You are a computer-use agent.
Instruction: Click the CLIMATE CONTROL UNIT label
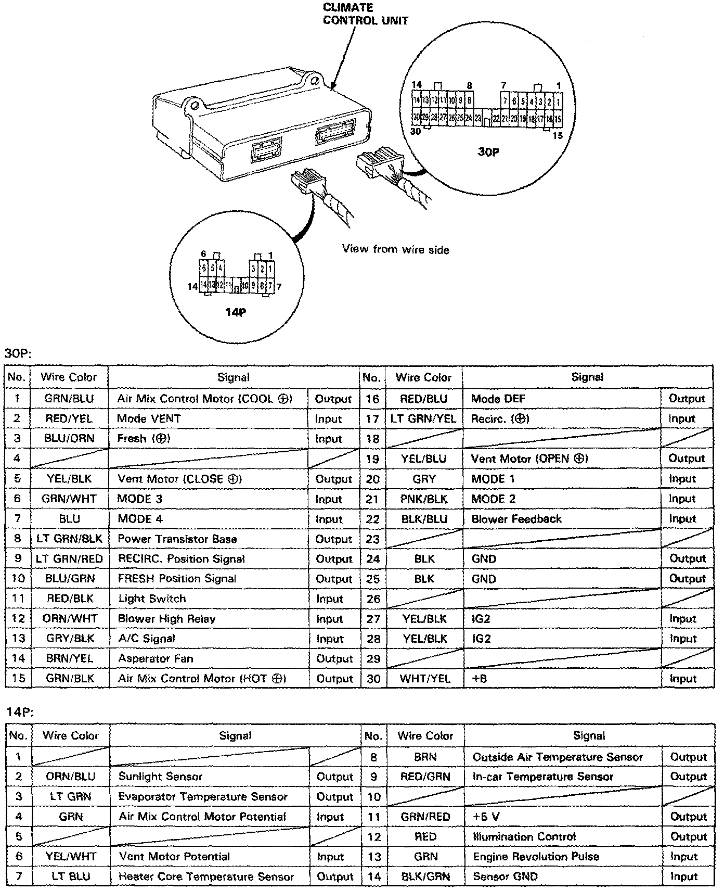(x=365, y=14)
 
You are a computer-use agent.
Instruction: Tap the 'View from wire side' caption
(x=395, y=249)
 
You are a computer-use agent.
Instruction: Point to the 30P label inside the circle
(x=488, y=152)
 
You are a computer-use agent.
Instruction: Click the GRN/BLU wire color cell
(x=69, y=399)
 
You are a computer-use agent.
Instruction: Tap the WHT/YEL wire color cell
(x=424, y=679)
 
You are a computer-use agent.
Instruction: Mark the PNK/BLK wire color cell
(x=424, y=499)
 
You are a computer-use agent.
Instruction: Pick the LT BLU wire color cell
(x=71, y=876)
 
